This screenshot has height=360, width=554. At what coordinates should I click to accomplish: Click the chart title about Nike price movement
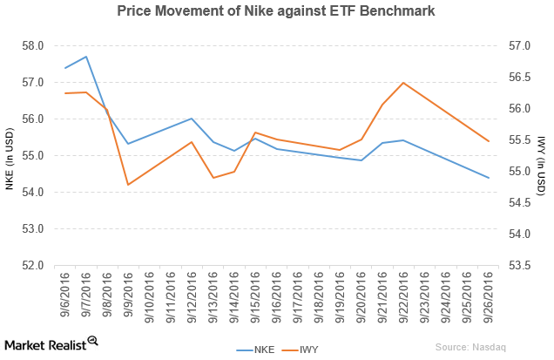(276, 12)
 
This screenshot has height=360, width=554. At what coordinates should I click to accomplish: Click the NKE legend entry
(258, 350)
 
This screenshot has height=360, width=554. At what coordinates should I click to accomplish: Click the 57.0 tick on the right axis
(518, 45)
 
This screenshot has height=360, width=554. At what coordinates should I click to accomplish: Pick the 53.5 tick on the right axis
(518, 265)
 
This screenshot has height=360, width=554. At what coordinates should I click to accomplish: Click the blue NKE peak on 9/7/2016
(85, 57)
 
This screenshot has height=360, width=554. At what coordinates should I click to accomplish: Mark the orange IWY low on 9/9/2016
(128, 185)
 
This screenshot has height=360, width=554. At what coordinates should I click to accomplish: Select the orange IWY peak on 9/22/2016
(403, 83)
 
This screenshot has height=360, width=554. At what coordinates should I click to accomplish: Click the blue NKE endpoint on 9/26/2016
(489, 178)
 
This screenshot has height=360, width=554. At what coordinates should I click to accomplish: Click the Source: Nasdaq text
(470, 347)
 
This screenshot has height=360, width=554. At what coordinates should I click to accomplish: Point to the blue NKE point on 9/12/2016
(192, 119)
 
